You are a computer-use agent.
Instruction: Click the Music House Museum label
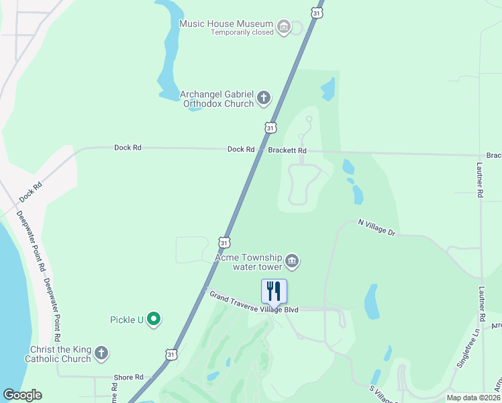click(x=226, y=24)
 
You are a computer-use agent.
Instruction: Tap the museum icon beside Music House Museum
click(x=284, y=27)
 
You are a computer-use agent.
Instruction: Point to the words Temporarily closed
click(x=242, y=32)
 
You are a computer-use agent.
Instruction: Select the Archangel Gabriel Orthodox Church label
click(x=217, y=99)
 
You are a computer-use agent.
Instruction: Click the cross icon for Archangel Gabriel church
click(x=264, y=99)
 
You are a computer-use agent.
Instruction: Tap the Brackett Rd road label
click(x=287, y=150)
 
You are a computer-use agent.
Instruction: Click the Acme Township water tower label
click(x=247, y=262)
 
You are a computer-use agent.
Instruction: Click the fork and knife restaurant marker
click(x=274, y=292)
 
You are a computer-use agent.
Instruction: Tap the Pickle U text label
click(x=127, y=319)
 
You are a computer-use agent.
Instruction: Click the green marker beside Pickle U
click(x=154, y=318)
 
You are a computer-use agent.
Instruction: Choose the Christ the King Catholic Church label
click(x=60, y=354)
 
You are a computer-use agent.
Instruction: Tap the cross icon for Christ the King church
click(x=101, y=353)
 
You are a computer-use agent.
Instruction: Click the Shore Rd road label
click(x=130, y=377)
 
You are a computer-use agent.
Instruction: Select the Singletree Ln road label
click(x=468, y=343)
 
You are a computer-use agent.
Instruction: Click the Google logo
click(x=22, y=395)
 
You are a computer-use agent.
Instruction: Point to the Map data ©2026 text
click(x=472, y=398)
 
